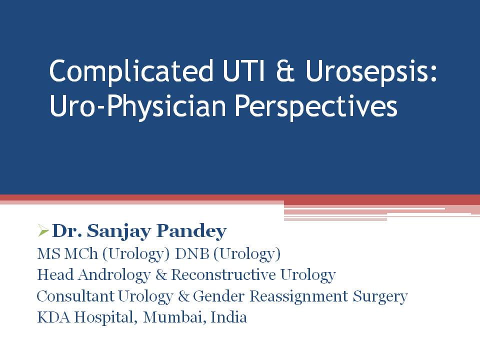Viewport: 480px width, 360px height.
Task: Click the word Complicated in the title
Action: (131, 72)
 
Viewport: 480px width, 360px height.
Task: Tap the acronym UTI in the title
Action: (243, 71)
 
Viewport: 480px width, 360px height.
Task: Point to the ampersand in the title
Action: (285, 71)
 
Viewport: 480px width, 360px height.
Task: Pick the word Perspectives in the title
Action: (316, 107)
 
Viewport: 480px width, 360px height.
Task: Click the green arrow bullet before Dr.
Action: (43, 230)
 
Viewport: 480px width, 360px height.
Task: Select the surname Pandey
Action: (191, 231)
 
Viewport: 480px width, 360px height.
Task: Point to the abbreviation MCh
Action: (81, 254)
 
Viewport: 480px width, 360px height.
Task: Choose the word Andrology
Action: (114, 275)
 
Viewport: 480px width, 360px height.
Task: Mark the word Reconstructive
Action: (223, 275)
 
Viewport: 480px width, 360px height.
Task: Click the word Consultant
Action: (75, 296)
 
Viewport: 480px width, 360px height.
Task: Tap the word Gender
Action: (219, 296)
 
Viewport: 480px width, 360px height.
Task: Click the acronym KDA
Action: (53, 317)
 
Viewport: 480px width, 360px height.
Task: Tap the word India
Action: (229, 317)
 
